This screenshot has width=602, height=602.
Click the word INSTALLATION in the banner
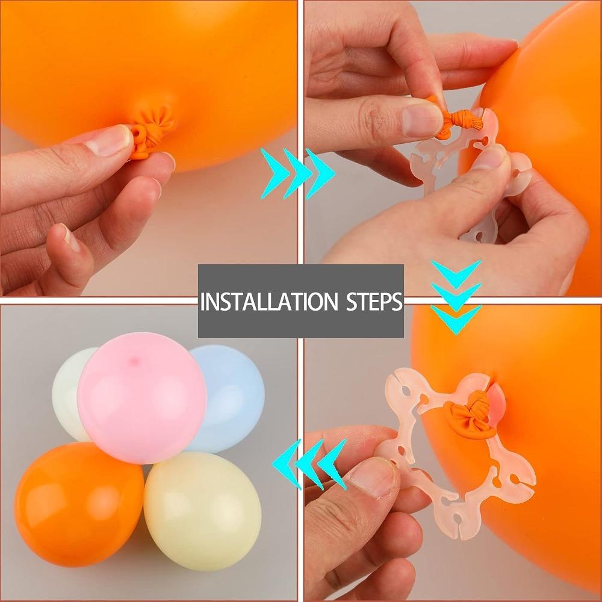[x=268, y=302]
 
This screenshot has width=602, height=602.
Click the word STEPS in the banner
[x=374, y=302]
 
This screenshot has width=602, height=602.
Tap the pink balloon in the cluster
[x=141, y=398]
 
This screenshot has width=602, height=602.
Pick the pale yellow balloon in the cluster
[x=203, y=510]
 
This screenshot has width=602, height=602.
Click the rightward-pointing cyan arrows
[x=297, y=173]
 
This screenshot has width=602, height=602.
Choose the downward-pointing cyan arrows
[x=456, y=297]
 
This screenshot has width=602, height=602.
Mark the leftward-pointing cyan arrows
[x=309, y=464]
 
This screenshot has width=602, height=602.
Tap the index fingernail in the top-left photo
[x=109, y=140]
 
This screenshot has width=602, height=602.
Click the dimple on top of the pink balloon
[x=134, y=360]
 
